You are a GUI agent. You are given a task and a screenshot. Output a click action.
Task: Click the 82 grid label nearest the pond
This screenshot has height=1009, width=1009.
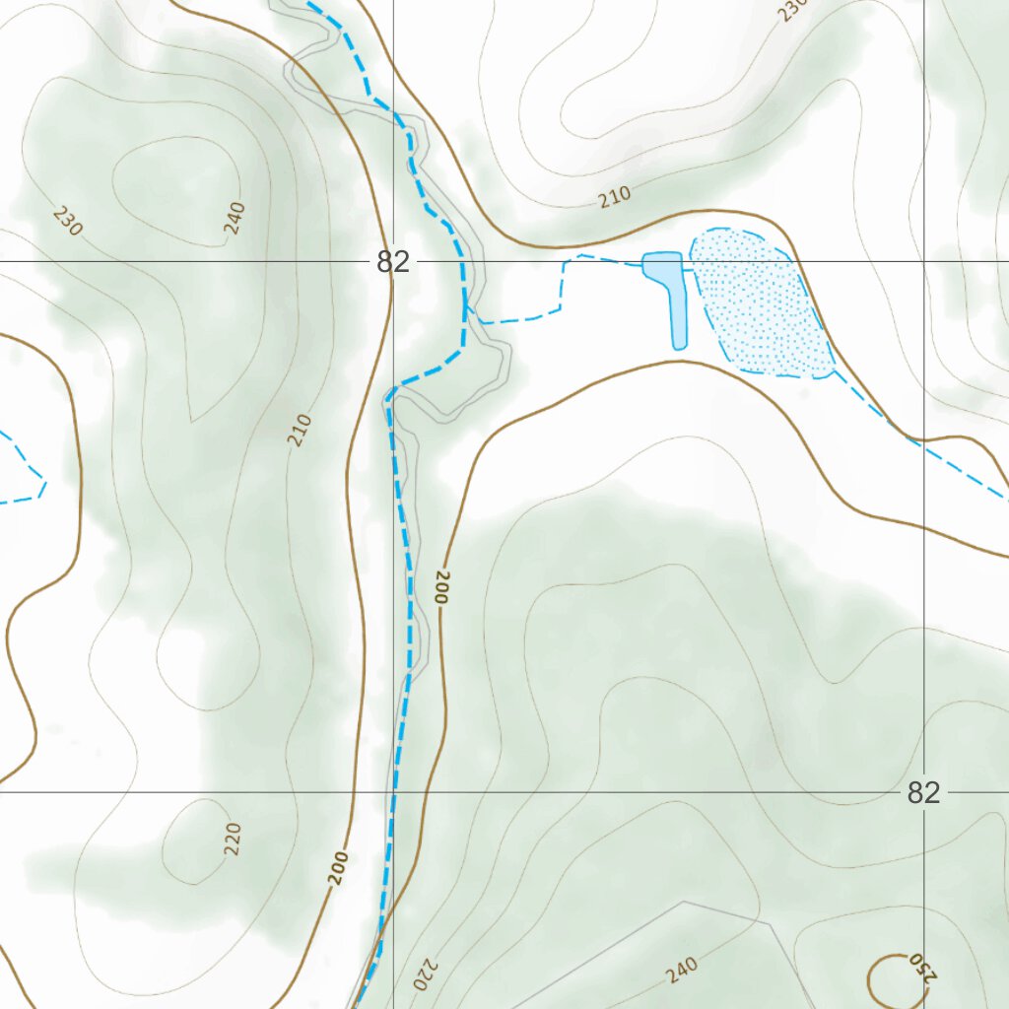coord(392,262)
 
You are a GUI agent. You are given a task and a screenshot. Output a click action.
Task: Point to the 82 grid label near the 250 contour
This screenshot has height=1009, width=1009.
coord(923,793)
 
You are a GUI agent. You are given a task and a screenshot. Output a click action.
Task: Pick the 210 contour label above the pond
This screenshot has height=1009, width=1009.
coord(614,197)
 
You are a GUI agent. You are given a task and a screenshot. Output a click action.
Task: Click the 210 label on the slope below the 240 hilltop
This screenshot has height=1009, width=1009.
coord(301,431)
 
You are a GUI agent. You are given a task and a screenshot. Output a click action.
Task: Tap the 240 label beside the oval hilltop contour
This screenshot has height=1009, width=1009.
coord(234,217)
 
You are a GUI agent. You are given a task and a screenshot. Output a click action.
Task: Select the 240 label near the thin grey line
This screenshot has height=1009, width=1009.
coord(681,971)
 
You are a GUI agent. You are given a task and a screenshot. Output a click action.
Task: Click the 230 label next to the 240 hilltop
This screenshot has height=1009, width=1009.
coord(68,221)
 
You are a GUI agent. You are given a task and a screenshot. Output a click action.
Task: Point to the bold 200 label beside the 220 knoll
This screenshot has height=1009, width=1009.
coord(340,867)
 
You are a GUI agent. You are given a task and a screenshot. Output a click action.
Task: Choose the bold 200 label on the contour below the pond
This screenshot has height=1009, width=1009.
coord(440,587)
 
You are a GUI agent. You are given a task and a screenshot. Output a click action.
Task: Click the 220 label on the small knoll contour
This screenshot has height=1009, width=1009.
coord(233,839)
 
